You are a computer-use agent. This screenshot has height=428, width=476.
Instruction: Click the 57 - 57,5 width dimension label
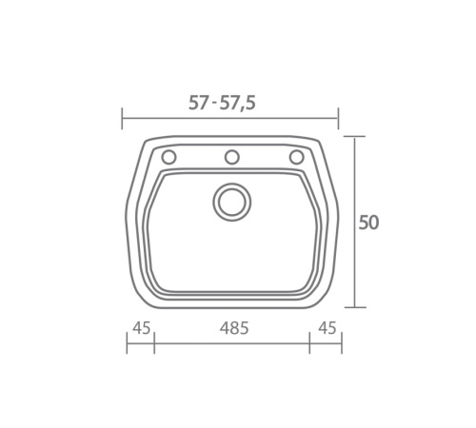[x=222, y=103]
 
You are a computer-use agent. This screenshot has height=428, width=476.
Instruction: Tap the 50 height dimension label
[x=368, y=223]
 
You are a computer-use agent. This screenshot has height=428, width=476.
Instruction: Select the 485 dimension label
[x=234, y=328]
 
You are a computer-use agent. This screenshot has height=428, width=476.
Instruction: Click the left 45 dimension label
[x=141, y=328]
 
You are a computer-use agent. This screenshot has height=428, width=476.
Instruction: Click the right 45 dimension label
[x=327, y=328]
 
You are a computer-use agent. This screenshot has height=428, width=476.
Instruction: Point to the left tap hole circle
[x=169, y=157]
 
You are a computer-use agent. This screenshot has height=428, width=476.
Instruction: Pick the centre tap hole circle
[x=232, y=157]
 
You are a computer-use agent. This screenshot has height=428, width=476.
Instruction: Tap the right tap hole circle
[x=297, y=157]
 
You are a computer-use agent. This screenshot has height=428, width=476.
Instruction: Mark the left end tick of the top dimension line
[x=122, y=118]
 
